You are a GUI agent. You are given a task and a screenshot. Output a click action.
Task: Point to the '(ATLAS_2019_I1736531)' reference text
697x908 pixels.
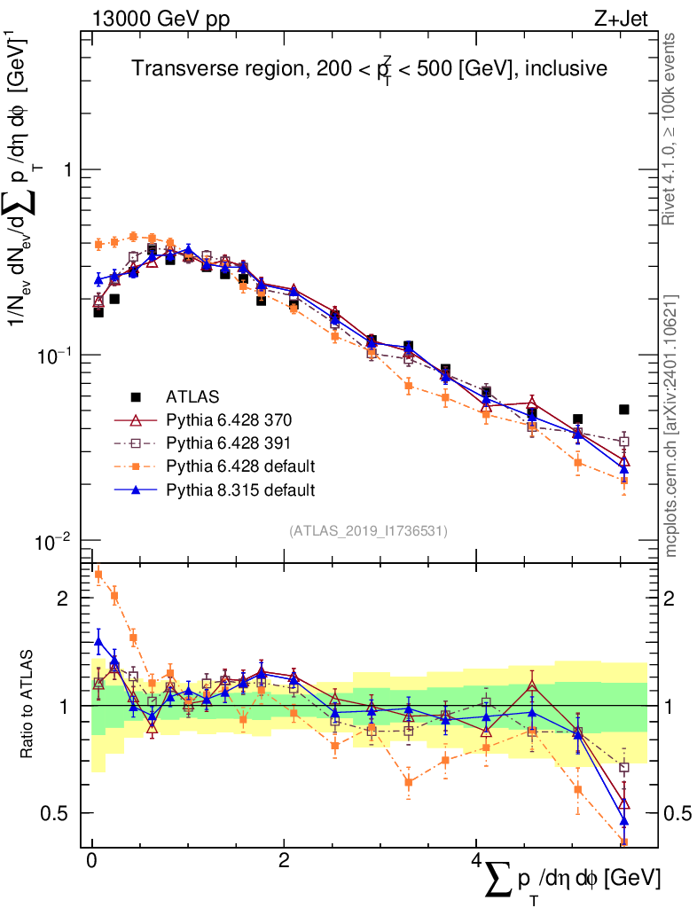(368, 530)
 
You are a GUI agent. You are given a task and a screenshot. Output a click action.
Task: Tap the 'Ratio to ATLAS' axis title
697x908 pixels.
(28, 706)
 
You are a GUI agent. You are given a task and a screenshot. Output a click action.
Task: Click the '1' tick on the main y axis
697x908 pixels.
(66, 170)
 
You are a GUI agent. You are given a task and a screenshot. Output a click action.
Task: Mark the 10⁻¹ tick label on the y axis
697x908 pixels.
(55, 354)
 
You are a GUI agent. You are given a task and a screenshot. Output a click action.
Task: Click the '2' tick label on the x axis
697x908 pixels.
(283, 862)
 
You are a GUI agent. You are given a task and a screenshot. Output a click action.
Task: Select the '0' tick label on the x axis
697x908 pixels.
(92, 862)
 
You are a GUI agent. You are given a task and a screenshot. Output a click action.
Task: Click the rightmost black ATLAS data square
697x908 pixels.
(624, 410)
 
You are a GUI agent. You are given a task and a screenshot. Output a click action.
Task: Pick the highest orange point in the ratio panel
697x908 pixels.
(98, 575)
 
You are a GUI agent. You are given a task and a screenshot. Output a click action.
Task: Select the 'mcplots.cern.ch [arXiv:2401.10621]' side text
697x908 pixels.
(672, 426)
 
